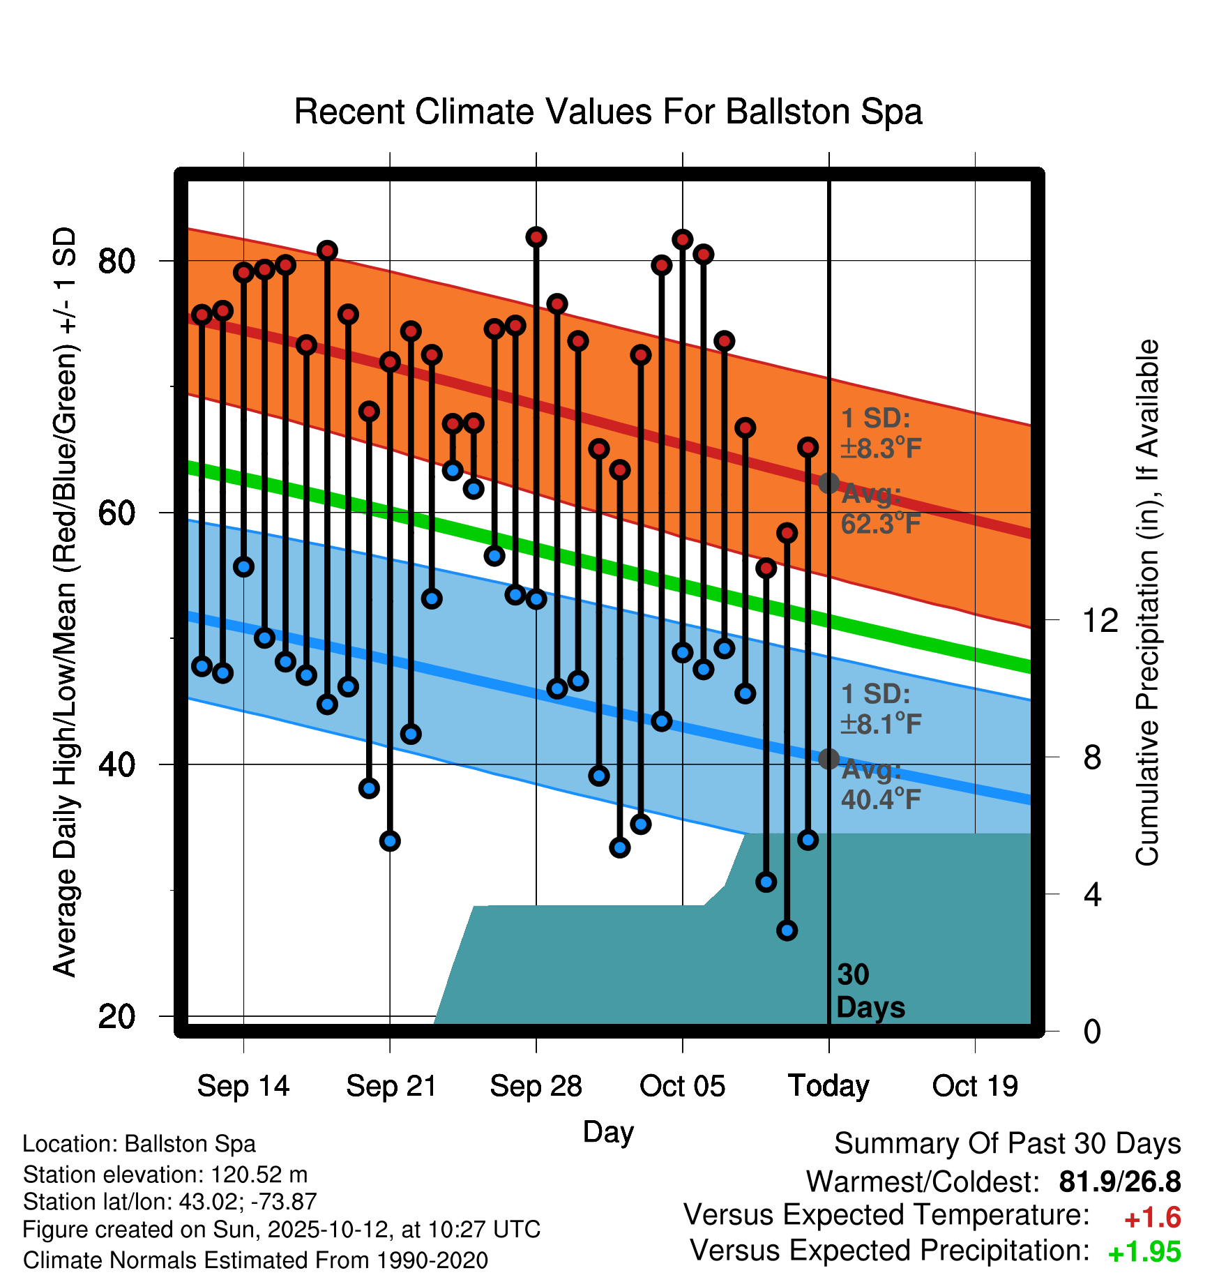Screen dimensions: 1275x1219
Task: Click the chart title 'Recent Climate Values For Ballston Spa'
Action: [x=608, y=112]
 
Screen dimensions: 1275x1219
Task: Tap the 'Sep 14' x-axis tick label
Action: [x=243, y=1086]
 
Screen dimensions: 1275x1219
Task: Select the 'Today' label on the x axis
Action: [x=828, y=1086]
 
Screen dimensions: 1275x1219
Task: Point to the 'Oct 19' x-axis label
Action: [x=975, y=1086]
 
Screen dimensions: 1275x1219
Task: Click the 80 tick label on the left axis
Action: [x=116, y=262]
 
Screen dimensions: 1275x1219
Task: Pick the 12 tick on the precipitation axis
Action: [x=1100, y=620]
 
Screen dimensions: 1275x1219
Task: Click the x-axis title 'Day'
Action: [x=608, y=1131]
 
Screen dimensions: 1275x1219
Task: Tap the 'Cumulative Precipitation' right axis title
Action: [x=1147, y=603]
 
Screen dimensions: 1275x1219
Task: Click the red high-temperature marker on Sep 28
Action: [x=536, y=237]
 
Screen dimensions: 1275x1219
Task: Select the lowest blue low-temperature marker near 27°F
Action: [x=787, y=930]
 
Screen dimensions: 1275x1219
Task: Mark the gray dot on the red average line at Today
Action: [x=828, y=483]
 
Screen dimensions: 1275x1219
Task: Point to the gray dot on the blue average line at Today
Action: [x=828, y=758]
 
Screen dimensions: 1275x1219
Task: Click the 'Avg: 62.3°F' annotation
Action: [x=880, y=508]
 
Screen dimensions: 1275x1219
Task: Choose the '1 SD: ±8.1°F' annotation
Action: [x=880, y=709]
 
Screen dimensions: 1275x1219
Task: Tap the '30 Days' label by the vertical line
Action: [x=869, y=991]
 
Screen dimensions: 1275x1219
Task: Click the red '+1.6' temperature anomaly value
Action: [x=1152, y=1218]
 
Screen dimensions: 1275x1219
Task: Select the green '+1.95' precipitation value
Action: [x=1144, y=1252]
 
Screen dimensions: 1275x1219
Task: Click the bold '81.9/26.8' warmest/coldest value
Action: [x=1119, y=1182]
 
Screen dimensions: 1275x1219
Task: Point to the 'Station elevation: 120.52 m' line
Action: [x=165, y=1175]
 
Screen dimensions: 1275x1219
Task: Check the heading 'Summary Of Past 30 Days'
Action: [x=1007, y=1144]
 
